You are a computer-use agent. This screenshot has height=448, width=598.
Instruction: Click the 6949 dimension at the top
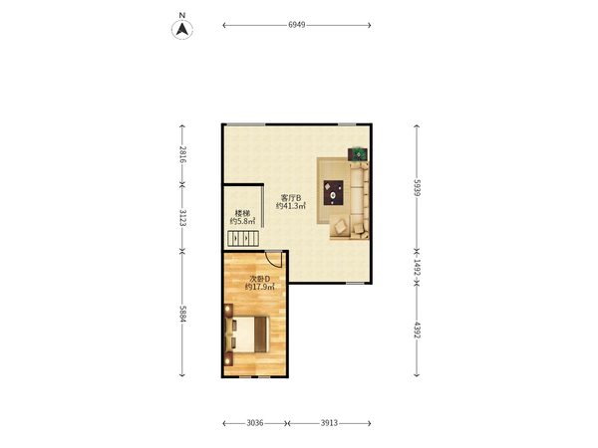pyautogui.click(x=297, y=25)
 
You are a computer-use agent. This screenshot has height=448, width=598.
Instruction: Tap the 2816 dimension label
pyautogui.click(x=182, y=154)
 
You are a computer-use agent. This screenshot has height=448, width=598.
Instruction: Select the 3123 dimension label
pyautogui.click(x=182, y=218)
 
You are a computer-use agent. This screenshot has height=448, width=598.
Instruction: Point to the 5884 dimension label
pyautogui.click(x=182, y=314)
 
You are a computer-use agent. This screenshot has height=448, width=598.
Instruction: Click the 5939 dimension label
pyautogui.click(x=417, y=187)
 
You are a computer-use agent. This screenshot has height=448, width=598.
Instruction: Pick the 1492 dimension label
pyautogui.click(x=417, y=268)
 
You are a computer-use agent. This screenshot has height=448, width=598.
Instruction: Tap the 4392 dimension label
pyautogui.click(x=417, y=330)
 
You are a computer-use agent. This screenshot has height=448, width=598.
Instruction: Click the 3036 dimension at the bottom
pyautogui.click(x=255, y=423)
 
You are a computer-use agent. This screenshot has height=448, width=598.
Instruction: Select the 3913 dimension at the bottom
pyautogui.click(x=329, y=423)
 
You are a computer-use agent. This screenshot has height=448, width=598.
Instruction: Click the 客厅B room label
pyautogui.click(x=291, y=198)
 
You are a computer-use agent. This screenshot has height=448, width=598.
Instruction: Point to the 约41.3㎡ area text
pyautogui.click(x=291, y=206)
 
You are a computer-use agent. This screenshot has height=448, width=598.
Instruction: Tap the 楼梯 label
pyautogui.click(x=242, y=213)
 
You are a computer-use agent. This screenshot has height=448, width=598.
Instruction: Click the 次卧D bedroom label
pyautogui.click(x=260, y=279)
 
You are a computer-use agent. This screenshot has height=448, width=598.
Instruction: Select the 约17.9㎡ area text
pyautogui.click(x=260, y=288)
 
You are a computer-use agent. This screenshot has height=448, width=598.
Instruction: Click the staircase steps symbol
pyautogui.click(x=243, y=238)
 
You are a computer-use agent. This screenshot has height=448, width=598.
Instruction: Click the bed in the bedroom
pyautogui.click(x=247, y=335)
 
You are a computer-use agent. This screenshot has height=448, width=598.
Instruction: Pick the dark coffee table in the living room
pyautogui.click(x=333, y=193)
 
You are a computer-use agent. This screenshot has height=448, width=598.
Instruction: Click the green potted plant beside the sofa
pyautogui.click(x=359, y=154)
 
